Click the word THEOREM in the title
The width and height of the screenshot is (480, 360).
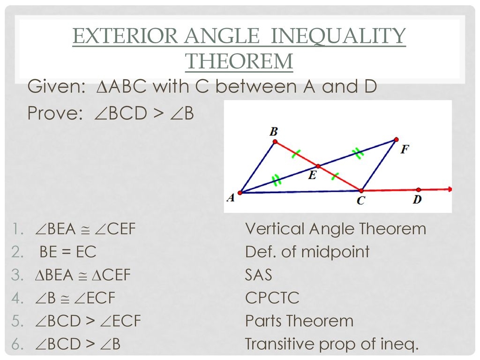click(x=239, y=61)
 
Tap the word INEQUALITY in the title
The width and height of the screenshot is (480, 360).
click(x=338, y=36)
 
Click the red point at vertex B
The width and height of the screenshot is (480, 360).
click(x=275, y=142)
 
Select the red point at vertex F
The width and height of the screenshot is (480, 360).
click(x=396, y=140)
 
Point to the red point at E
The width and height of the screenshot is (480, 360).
click(x=318, y=166)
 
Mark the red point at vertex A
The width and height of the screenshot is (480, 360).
click(x=240, y=193)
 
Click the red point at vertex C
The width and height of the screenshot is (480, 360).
click(x=361, y=191)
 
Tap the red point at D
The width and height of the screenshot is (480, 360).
click(x=419, y=190)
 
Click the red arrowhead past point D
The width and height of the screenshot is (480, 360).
click(x=450, y=189)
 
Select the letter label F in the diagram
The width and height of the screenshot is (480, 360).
click(x=405, y=150)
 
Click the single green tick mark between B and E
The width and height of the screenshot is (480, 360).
click(x=296, y=154)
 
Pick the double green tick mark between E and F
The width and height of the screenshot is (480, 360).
click(x=357, y=153)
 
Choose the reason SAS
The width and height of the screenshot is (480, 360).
click(x=258, y=275)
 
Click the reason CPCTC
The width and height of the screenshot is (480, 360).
click(x=272, y=298)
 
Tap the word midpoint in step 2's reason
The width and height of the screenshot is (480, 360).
click(x=335, y=252)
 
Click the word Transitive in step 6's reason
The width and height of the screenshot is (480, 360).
click(x=280, y=344)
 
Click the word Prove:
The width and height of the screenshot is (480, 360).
click(x=55, y=113)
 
